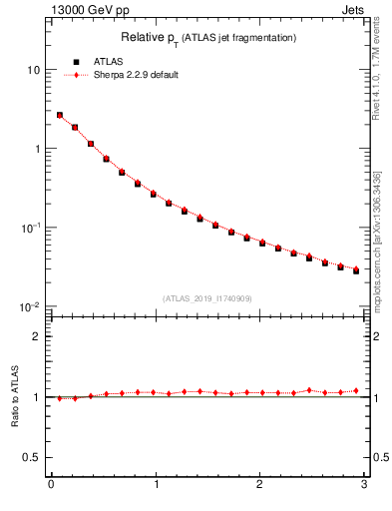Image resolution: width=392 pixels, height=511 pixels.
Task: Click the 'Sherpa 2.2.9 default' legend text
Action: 136,75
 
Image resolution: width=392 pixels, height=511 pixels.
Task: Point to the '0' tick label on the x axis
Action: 51,485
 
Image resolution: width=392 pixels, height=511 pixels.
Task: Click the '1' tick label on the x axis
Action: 156,485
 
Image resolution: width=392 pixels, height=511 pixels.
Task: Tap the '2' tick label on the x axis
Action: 259,485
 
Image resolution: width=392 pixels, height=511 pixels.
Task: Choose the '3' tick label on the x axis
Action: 364,485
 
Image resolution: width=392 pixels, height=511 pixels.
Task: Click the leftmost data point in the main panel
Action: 59,116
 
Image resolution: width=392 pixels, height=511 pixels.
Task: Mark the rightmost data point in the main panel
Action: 356,269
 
